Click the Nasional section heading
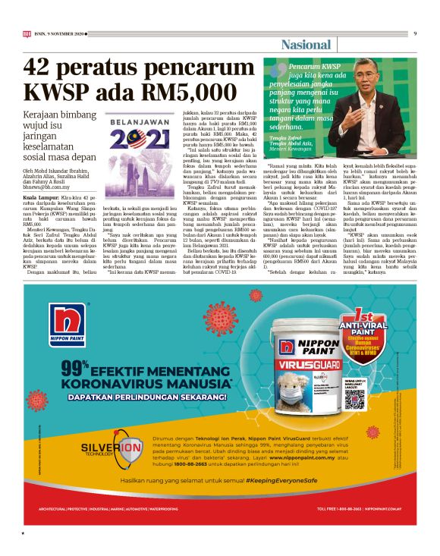306,45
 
